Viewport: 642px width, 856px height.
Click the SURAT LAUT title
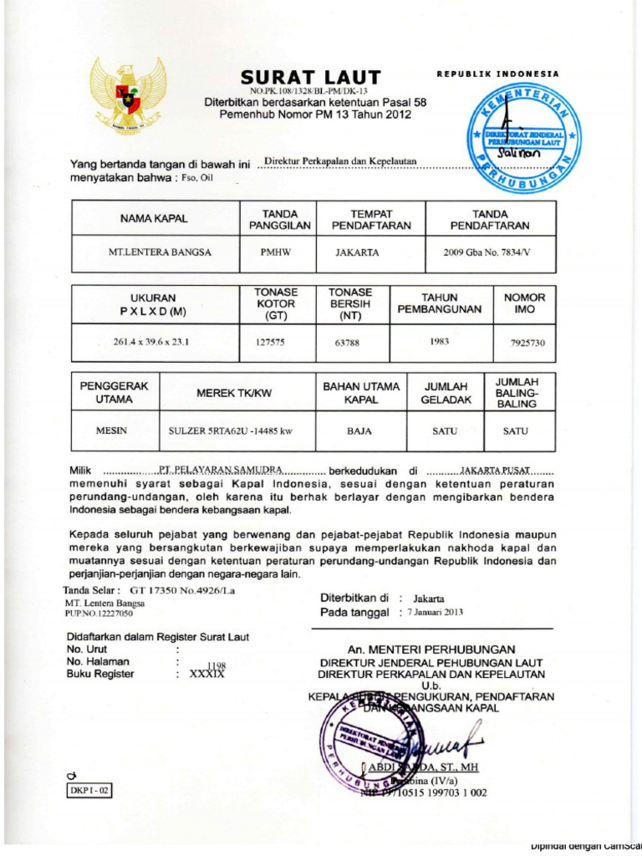tap(310, 77)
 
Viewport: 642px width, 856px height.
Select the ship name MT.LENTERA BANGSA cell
tap(155, 252)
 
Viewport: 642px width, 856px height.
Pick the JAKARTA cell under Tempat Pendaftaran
tap(357, 252)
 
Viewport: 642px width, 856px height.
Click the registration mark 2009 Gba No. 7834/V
tap(489, 252)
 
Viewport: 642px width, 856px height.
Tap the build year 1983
tap(440, 341)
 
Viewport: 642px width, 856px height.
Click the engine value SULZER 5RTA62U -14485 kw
tap(230, 431)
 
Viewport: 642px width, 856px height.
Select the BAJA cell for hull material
tap(360, 431)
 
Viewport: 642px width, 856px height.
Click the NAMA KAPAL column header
tap(155, 219)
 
